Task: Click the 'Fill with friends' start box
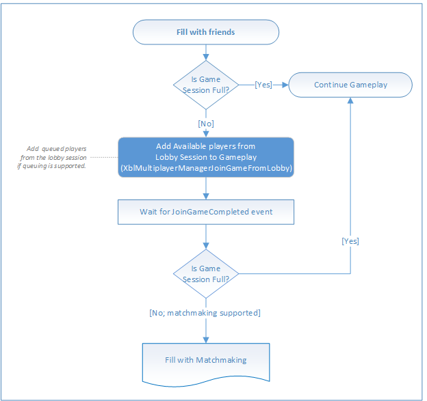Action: pyautogui.click(x=206, y=32)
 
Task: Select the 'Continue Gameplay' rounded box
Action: pyautogui.click(x=350, y=85)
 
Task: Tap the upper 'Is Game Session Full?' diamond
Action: pyautogui.click(x=206, y=85)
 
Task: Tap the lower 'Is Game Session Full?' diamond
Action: pyautogui.click(x=206, y=274)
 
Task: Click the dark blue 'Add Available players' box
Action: pyautogui.click(x=206, y=157)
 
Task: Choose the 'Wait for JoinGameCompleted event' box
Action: pyautogui.click(x=206, y=212)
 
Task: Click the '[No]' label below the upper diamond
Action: pyautogui.click(x=206, y=124)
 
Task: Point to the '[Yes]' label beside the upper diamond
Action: pyautogui.click(x=263, y=85)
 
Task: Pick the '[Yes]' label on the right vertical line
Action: pyautogui.click(x=350, y=241)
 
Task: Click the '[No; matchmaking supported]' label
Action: pyautogui.click(x=205, y=313)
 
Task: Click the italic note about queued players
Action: pyautogui.click(x=52, y=157)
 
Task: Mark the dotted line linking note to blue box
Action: pyautogui.click(x=104, y=157)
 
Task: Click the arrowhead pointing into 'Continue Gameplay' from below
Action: pyautogui.click(x=350, y=100)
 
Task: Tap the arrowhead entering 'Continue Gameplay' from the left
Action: pyautogui.click(x=285, y=85)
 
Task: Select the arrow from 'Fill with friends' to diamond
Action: pyautogui.click(x=206, y=53)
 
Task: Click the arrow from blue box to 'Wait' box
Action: pyautogui.click(x=206, y=189)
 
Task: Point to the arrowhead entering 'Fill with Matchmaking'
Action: pyautogui.click(x=206, y=340)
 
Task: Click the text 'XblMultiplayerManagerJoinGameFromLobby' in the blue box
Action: pyautogui.click(x=206, y=168)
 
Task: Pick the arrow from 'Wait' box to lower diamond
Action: pyautogui.click(x=206, y=237)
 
